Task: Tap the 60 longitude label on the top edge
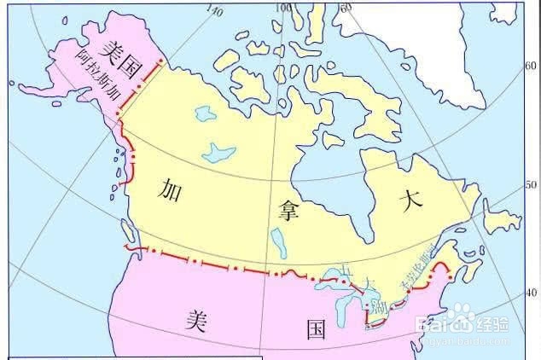(x=345, y=7)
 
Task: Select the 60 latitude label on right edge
(x=530, y=65)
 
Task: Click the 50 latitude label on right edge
(x=530, y=184)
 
